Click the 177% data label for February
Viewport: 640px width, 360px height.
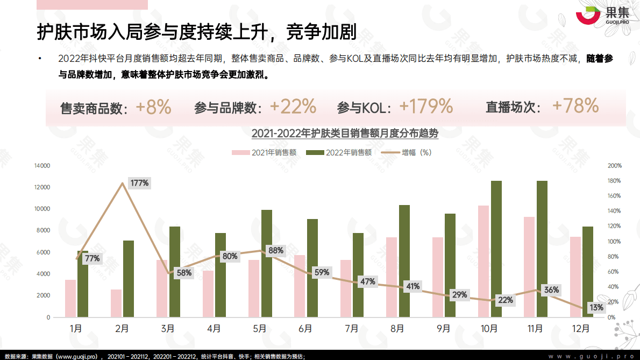[x=139, y=183]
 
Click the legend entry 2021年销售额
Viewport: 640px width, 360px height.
[x=264, y=152]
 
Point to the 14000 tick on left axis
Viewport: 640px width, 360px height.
[x=42, y=166]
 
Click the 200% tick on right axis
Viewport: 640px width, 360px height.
[x=615, y=166]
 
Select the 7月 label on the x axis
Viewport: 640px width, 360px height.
[x=352, y=328]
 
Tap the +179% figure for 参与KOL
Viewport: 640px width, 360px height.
[x=426, y=107]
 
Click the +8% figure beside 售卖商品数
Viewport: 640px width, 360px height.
[x=153, y=107]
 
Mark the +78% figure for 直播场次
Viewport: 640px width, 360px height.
[x=575, y=106]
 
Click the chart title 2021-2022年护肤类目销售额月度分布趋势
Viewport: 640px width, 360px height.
[x=345, y=133]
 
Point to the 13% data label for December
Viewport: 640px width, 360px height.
[x=596, y=307]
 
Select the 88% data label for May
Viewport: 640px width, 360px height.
[x=276, y=251]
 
